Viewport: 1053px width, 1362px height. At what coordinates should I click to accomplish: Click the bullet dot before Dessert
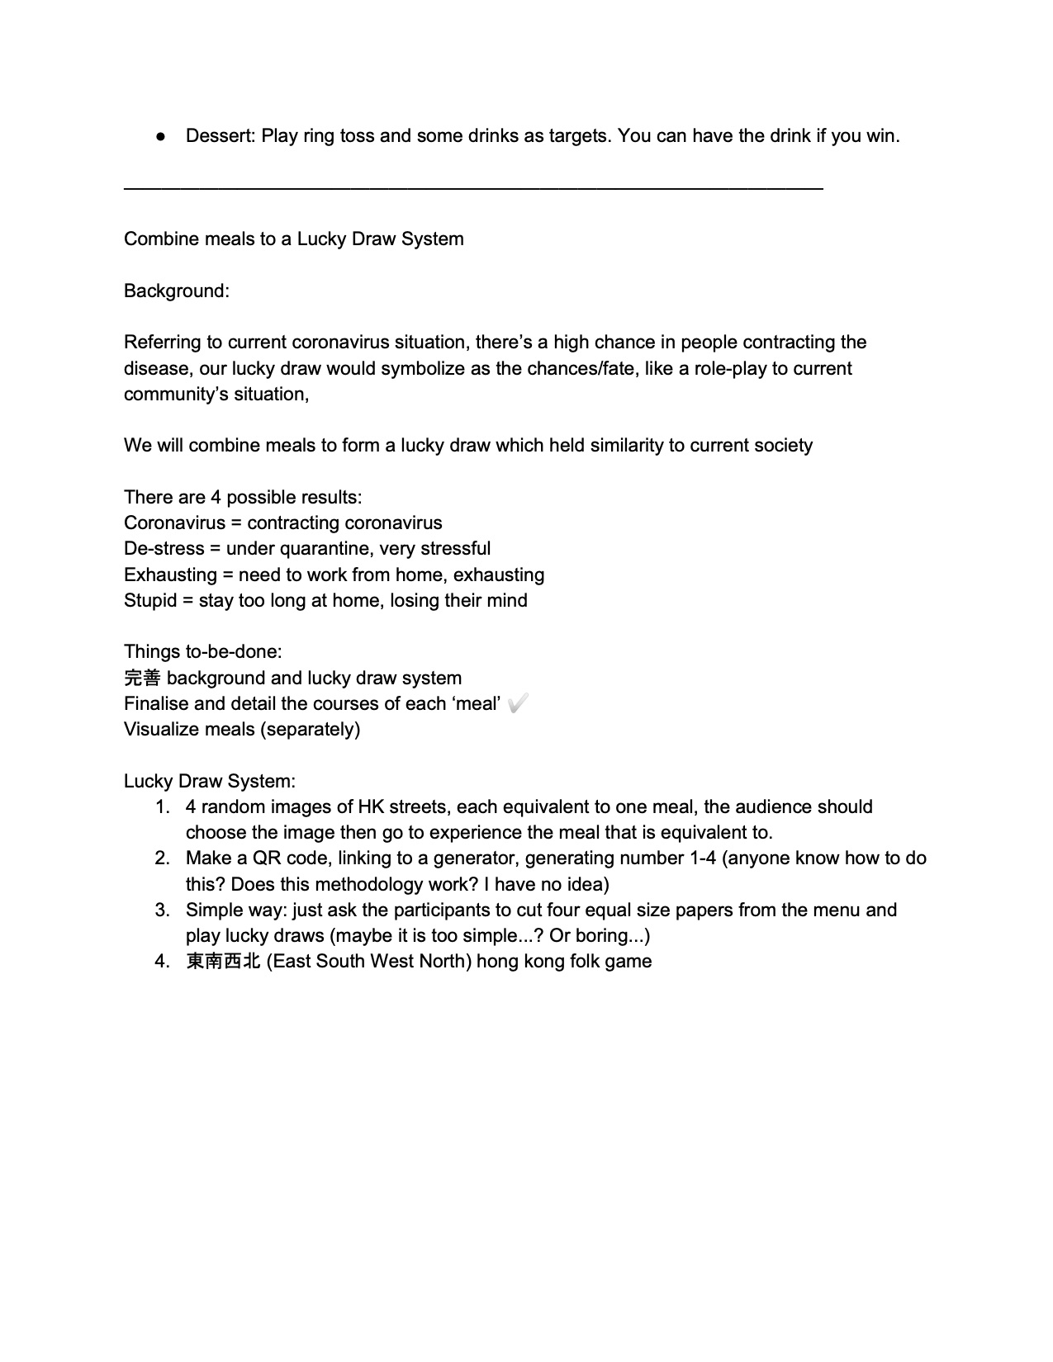pos(160,136)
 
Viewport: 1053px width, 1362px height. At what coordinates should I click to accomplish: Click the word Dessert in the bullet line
pos(218,135)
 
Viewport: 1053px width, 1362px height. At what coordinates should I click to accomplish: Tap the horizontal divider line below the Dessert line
pos(472,190)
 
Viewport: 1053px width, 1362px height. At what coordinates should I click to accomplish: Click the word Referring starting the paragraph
pos(159,343)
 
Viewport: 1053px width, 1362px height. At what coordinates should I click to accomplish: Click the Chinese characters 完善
pos(142,678)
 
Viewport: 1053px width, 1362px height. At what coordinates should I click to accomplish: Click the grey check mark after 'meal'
pos(519,703)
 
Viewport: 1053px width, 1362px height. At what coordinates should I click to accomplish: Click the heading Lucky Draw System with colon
pos(210,781)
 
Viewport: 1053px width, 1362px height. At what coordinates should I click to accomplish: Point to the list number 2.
pos(162,858)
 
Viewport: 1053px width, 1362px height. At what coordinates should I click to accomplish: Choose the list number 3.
pos(162,910)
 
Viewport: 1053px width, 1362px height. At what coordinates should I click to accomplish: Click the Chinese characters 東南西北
pos(223,961)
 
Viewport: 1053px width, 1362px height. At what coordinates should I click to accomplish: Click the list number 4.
pos(162,961)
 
